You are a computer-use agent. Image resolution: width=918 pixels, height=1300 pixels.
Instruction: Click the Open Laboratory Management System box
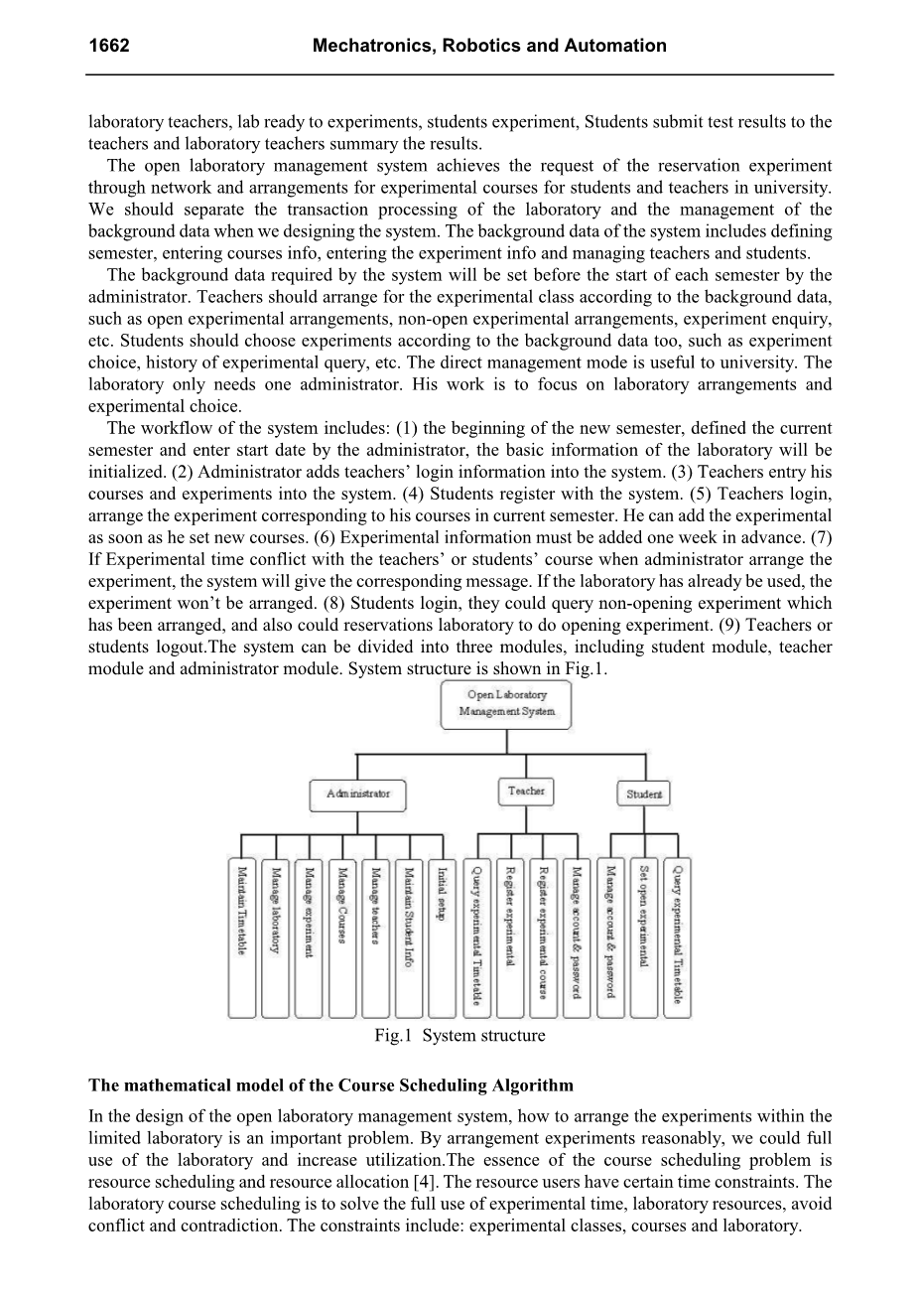point(506,703)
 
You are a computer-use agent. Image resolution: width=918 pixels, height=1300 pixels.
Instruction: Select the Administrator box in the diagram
point(358,794)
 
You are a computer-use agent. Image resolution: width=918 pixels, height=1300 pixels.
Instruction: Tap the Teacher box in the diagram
point(526,792)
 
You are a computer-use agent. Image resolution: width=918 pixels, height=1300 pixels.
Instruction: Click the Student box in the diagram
point(644,794)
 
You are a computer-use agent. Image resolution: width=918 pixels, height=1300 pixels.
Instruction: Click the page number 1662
point(109,46)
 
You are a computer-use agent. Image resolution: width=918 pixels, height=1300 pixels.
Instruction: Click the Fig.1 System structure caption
point(459,1036)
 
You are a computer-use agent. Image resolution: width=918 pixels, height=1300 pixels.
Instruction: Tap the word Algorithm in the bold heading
point(534,1084)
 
